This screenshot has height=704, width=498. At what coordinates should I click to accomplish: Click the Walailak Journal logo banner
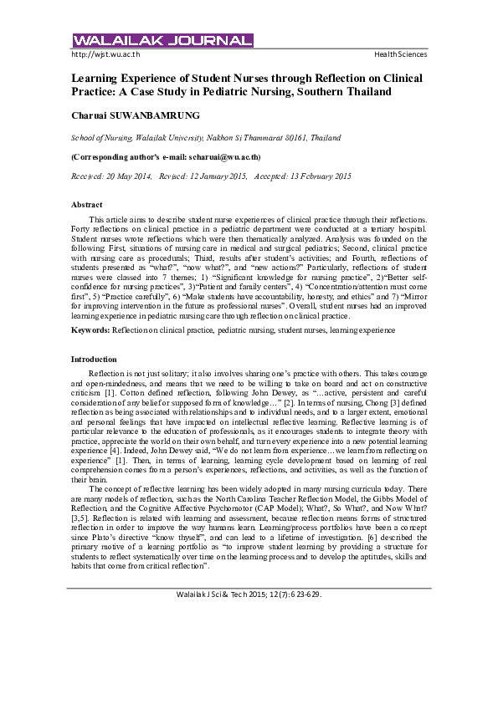162,41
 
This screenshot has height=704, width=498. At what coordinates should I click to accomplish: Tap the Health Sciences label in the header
400,54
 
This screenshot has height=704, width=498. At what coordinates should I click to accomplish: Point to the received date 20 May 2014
130,176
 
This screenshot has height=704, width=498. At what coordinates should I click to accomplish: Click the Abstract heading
87,205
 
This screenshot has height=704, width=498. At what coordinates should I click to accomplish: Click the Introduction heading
94,359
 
